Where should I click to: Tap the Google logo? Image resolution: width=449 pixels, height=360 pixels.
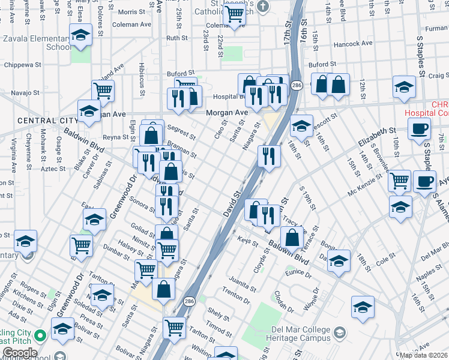click(20, 353)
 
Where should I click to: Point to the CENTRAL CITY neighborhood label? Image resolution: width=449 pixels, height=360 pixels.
click(40, 121)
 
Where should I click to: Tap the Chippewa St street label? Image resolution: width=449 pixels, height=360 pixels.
click(22, 64)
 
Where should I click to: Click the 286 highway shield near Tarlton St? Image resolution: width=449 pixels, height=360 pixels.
click(188, 300)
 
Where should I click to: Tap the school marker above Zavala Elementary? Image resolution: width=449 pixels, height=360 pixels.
click(80, 35)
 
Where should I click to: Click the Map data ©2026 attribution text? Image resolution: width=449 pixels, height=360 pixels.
click(424, 355)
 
